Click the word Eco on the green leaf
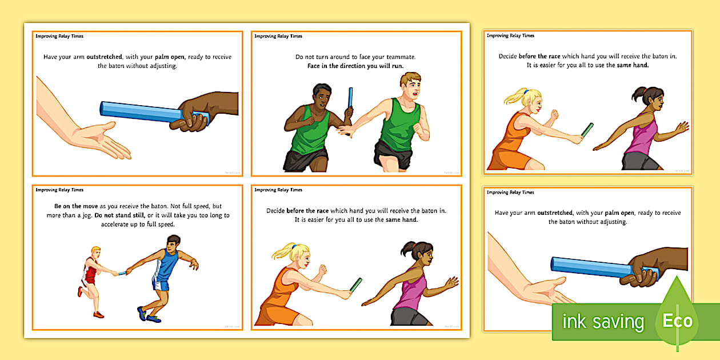pyautogui.click(x=678, y=321)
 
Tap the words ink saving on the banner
pyautogui.click(x=603, y=322)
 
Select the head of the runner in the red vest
pyautogui.click(x=95, y=252)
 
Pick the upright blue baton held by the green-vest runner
pyautogui.click(x=350, y=97)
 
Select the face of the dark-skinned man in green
pyautogui.click(x=322, y=98)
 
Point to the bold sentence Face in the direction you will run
pyautogui.click(x=356, y=66)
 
